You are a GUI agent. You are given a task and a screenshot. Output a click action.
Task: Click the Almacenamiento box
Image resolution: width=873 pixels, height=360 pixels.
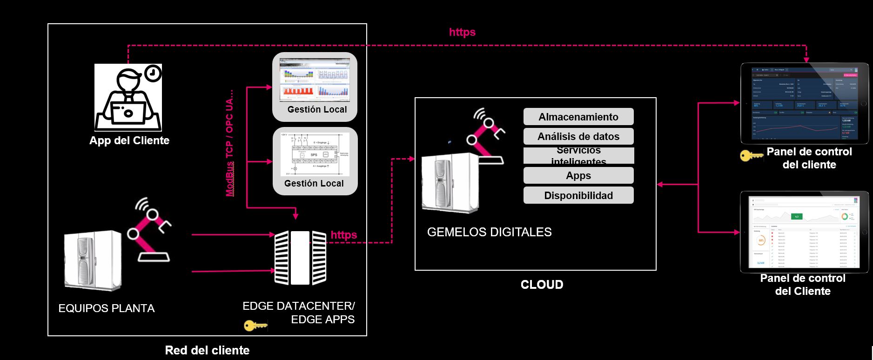point(578,117)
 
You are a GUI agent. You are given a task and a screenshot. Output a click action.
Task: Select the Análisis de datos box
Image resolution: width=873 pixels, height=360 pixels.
point(578,136)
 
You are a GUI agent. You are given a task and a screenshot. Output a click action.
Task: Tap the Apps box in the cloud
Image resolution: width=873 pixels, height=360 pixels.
point(578,176)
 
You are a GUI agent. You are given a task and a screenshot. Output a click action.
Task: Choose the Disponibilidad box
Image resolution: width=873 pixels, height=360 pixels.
point(578,195)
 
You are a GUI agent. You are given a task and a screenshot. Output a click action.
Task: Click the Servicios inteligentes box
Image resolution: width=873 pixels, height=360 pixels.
point(578,156)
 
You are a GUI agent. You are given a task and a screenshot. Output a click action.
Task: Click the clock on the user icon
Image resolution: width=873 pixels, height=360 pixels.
point(153,73)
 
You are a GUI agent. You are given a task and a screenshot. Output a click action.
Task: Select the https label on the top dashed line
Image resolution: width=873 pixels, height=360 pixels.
point(462,32)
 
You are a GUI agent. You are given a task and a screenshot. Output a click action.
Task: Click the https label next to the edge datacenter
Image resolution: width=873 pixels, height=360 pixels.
point(344,235)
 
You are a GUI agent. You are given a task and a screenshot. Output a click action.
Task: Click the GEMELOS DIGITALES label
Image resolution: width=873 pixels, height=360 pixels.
point(489,232)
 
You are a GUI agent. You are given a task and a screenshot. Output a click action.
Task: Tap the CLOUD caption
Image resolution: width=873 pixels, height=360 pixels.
point(542,285)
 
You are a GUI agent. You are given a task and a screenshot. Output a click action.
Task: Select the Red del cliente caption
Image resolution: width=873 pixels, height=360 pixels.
point(207,350)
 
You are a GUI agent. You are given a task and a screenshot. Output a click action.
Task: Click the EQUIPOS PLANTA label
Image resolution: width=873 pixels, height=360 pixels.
point(107,308)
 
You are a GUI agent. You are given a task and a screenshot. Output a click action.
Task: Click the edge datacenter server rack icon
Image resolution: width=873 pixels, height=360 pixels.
point(300,257)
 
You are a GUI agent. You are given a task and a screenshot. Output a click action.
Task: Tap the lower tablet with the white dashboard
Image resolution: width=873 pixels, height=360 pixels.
point(804,232)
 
